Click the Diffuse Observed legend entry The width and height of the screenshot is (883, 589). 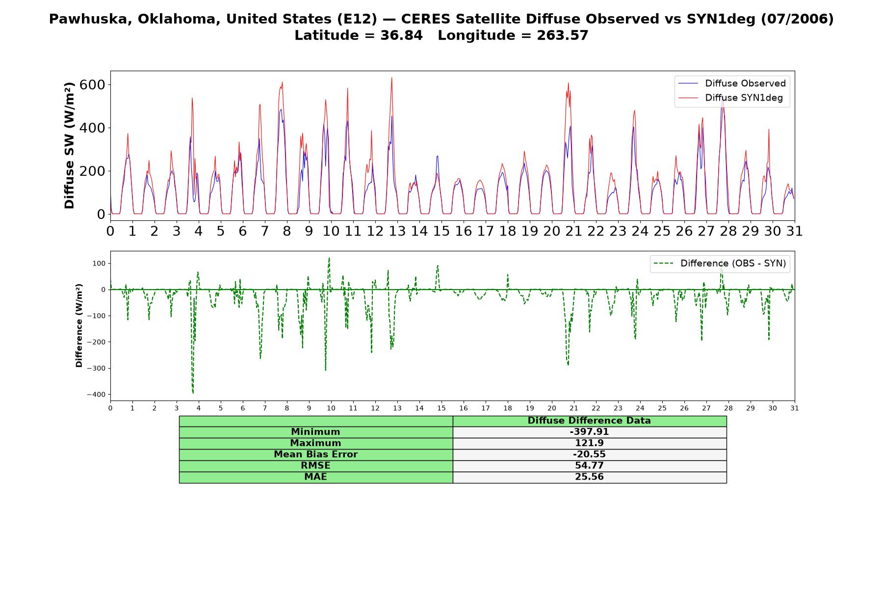[732, 83]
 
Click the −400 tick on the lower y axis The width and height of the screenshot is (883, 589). [96, 395]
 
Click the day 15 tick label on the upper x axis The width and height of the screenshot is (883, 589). [441, 231]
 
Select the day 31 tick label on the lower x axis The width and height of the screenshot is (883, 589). [795, 408]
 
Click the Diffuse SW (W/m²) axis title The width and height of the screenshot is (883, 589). [70, 145]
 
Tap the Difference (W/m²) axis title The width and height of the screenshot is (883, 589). [79, 325]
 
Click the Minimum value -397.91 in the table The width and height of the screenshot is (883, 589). [589, 432]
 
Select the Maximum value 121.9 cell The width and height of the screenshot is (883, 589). [589, 443]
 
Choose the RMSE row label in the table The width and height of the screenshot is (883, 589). [315, 466]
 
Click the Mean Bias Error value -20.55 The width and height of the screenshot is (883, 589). [589, 455]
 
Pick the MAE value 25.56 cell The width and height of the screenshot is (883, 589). [589, 477]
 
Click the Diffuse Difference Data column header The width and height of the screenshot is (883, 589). [589, 421]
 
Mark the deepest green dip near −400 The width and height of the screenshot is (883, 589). [193, 393]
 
